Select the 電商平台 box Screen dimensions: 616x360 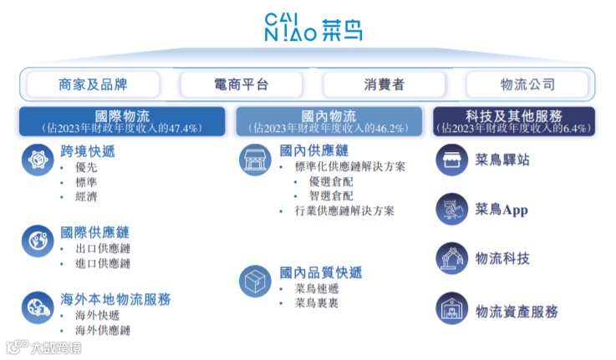[x=242, y=84]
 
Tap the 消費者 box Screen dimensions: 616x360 [x=384, y=84]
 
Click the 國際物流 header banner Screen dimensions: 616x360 [x=122, y=121]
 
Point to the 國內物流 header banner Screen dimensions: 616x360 [x=328, y=121]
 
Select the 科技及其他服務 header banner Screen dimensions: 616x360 [x=513, y=121]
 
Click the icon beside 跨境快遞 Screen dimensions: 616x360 [x=38, y=159]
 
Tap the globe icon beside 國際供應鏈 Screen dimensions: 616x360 [x=38, y=240]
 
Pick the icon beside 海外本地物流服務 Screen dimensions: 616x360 [x=38, y=307]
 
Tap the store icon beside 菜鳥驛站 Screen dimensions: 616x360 [x=452, y=160]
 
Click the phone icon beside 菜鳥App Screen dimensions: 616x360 [x=452, y=209]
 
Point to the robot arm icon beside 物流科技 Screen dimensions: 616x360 [x=452, y=258]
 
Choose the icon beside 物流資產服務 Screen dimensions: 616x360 [x=452, y=309]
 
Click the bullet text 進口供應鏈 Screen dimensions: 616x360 [x=103, y=264]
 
